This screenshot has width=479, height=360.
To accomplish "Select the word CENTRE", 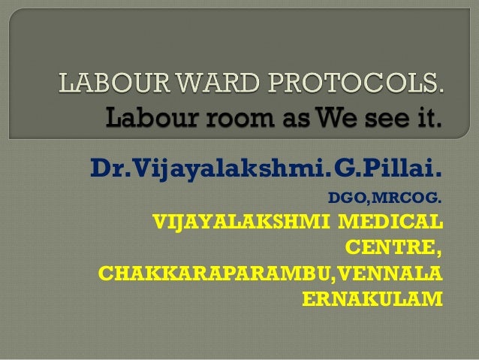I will click(x=390, y=247).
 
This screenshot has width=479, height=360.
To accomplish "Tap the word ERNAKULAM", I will click(x=372, y=298).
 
